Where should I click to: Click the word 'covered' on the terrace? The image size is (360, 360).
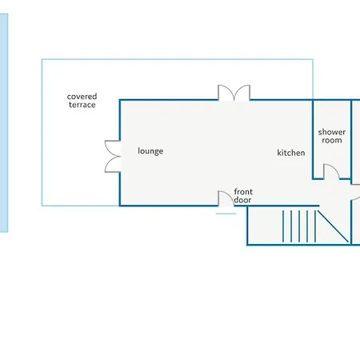pyautogui.click(x=82, y=96)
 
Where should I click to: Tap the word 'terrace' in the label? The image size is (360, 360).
pyautogui.click(x=82, y=105)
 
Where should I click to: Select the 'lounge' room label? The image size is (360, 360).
pyautogui.click(x=150, y=151)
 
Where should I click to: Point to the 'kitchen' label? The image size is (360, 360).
pyautogui.click(x=291, y=153)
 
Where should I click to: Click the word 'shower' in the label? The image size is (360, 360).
pyautogui.click(x=332, y=132)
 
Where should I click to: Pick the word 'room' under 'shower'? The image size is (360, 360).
pyautogui.click(x=332, y=140)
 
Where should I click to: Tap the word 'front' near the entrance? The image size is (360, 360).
pyautogui.click(x=243, y=192)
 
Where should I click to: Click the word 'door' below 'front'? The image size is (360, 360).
pyautogui.click(x=242, y=200)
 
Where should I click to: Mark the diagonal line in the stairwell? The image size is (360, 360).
pyautogui.click(x=333, y=226)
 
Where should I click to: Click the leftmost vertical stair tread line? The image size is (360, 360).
pyautogui.click(x=283, y=226)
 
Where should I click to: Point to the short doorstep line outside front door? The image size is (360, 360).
pyautogui.click(x=226, y=214)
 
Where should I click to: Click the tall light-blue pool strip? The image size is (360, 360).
pyautogui.click(x=4, y=122)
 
